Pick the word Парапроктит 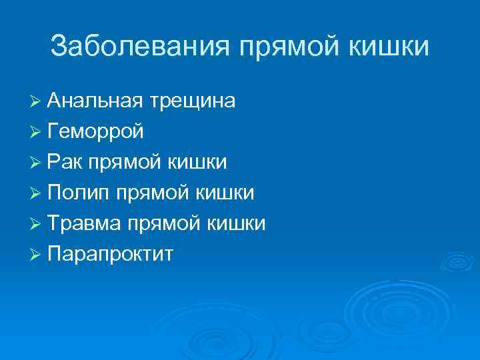(110, 254)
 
